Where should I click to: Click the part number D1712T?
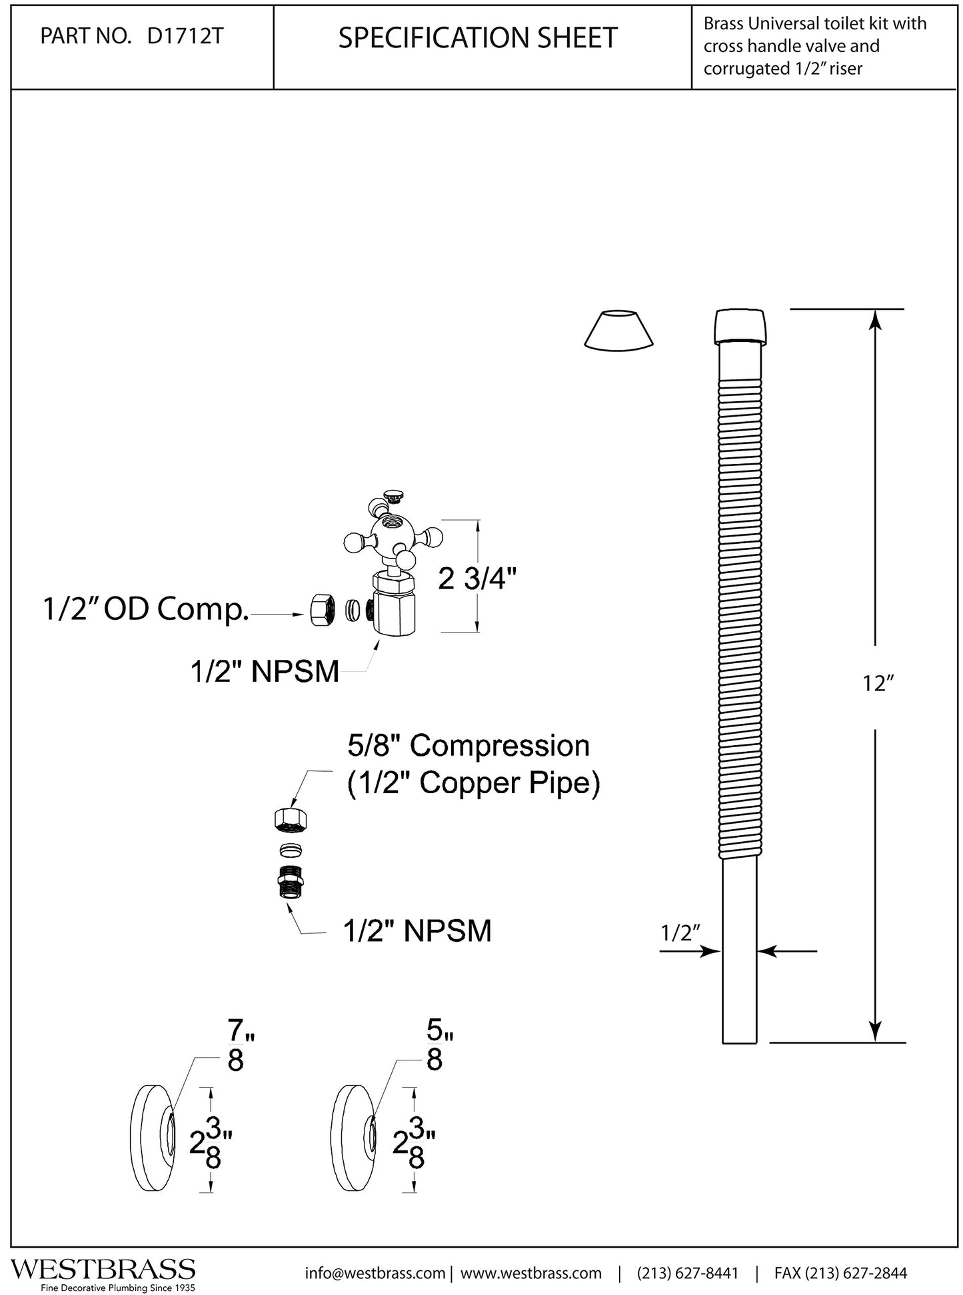tap(185, 37)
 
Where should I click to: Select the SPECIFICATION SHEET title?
tap(478, 38)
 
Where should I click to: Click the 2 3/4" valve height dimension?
tap(477, 579)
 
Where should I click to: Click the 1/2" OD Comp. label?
tap(146, 610)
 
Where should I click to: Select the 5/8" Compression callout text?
tap(469, 746)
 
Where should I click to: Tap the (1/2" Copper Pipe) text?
tap(474, 784)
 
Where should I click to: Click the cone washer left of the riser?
tap(618, 329)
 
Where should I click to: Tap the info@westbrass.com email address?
tap(375, 1273)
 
